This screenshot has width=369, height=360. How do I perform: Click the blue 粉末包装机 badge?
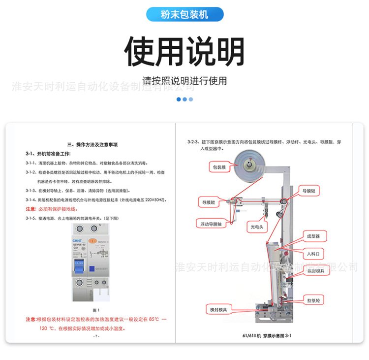click(184, 15)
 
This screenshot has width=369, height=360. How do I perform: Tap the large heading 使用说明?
click(184, 51)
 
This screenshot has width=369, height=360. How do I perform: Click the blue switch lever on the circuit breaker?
click(79, 266)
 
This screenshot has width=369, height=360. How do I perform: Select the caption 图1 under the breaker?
click(96, 310)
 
